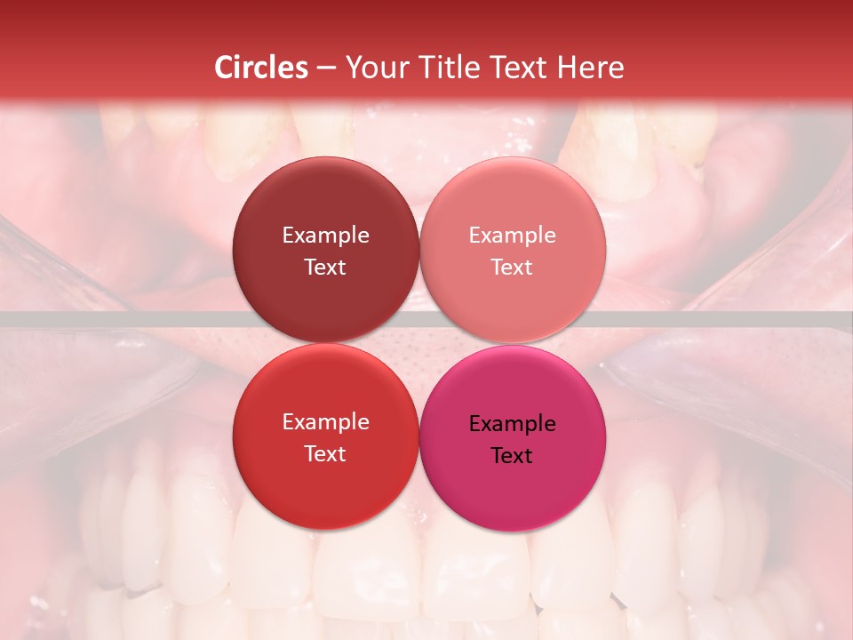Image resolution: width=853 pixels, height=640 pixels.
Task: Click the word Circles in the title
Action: (260, 68)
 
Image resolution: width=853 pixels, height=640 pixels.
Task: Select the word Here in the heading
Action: (590, 68)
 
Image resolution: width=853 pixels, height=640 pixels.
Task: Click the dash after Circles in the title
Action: (325, 68)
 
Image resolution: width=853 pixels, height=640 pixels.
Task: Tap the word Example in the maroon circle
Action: (325, 235)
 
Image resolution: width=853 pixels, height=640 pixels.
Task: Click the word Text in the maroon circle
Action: (325, 267)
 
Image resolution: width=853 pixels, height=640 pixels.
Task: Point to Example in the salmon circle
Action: (513, 235)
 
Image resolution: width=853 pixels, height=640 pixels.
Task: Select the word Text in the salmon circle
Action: (513, 267)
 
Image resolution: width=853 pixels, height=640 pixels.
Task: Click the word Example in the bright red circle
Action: (325, 421)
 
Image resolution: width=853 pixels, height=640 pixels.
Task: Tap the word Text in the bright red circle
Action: (325, 453)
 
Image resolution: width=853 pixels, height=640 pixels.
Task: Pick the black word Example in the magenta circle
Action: (513, 423)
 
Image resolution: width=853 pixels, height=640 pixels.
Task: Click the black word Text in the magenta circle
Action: (513, 455)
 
